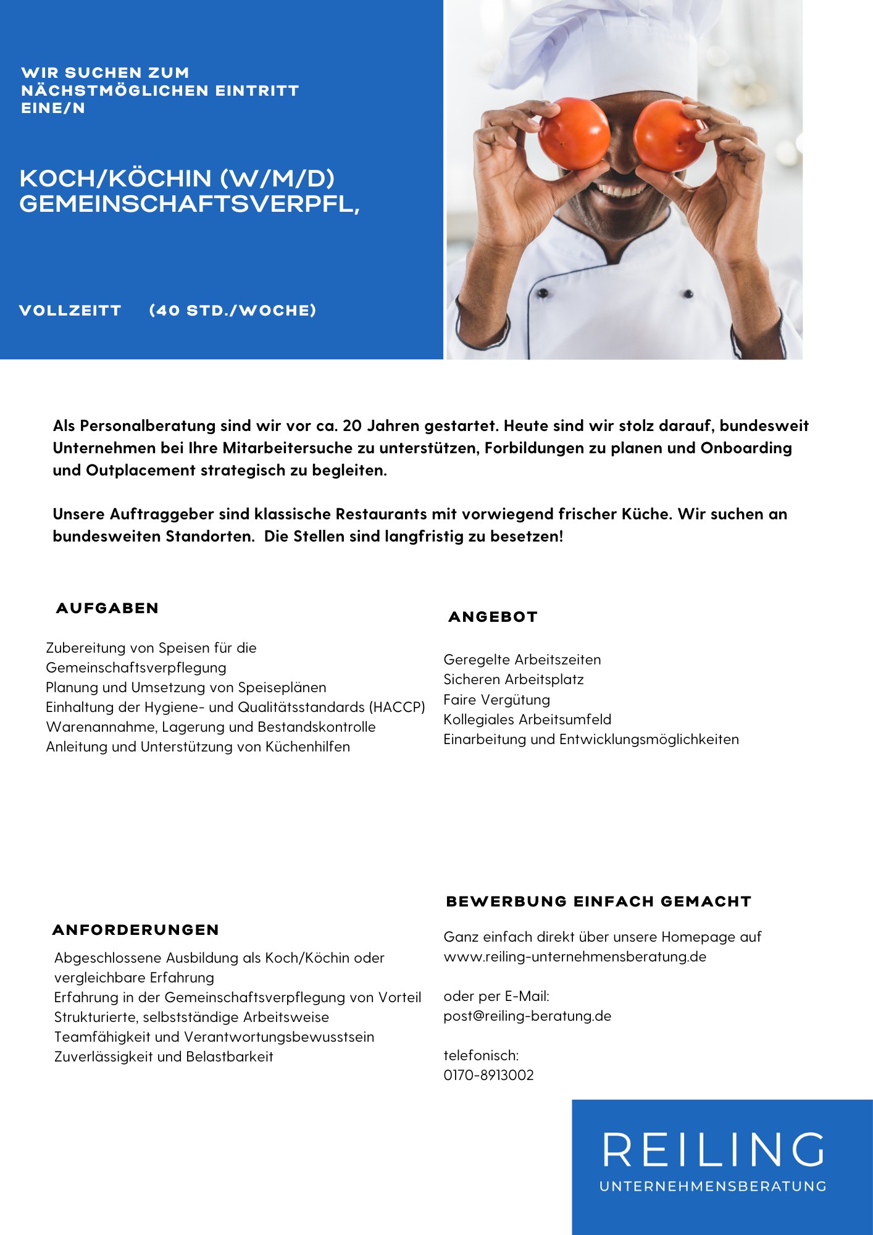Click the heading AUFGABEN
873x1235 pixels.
(x=107, y=608)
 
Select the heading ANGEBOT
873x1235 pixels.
(x=493, y=617)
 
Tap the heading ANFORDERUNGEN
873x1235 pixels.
(x=136, y=930)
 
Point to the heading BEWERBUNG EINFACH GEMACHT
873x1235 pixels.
(x=598, y=902)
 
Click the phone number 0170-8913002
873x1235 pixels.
(x=488, y=1075)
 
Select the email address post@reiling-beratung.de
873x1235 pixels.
(x=527, y=1016)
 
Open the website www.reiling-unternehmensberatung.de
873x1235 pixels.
(x=575, y=957)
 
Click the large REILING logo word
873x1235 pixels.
(x=713, y=1150)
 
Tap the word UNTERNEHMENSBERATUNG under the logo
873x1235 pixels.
(x=713, y=1186)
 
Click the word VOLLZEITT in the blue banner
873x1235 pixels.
(x=70, y=311)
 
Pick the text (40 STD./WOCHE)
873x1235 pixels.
(x=233, y=311)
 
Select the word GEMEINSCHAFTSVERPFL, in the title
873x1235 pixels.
(x=190, y=204)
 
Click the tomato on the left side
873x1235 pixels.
(x=574, y=134)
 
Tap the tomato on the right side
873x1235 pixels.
(x=669, y=135)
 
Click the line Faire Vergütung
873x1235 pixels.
(x=496, y=700)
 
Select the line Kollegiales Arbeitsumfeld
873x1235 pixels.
(x=527, y=719)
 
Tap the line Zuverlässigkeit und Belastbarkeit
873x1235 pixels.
(x=164, y=1057)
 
